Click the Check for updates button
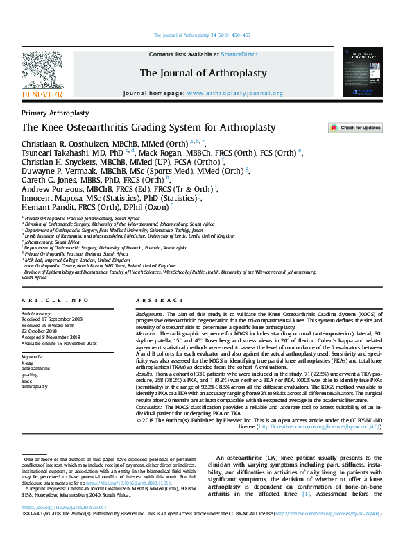coord(354,128)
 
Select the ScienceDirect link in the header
coord(239,53)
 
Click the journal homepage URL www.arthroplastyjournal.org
coord(234,93)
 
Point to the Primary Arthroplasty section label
coord(55,112)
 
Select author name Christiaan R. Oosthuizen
coord(66,142)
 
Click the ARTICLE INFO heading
coord(55,300)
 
